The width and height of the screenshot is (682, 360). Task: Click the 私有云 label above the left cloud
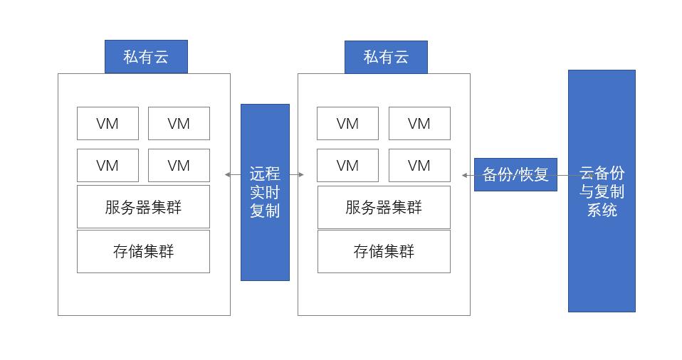pos(146,57)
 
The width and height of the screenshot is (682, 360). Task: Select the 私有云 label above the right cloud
pos(386,57)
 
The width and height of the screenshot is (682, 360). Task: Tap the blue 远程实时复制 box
pos(265,192)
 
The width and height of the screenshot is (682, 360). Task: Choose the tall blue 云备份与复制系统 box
pos(602,191)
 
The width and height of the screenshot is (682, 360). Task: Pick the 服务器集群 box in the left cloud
pos(143,207)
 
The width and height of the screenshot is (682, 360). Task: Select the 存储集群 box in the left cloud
pos(143,251)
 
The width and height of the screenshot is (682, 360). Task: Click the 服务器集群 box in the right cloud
pos(384,207)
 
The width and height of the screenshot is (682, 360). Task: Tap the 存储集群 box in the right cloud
pos(384,251)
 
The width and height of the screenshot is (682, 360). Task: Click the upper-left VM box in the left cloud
pos(107,124)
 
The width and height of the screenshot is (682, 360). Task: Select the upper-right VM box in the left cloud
pos(179,124)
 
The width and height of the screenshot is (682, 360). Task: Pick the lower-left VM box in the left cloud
pos(107,165)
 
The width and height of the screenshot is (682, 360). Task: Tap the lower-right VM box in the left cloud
pos(179,165)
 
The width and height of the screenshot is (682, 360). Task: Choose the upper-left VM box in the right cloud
pos(347,124)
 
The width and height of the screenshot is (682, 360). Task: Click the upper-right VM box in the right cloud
pos(419,124)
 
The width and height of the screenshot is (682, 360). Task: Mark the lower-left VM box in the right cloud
pos(347,165)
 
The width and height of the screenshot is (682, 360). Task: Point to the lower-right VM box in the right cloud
pos(419,165)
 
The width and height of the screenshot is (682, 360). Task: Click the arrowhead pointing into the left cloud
pos(228,174)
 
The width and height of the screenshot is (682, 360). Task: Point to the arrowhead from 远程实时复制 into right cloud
pos(301,174)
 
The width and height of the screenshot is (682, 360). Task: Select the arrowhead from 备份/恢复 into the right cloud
pos(464,175)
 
